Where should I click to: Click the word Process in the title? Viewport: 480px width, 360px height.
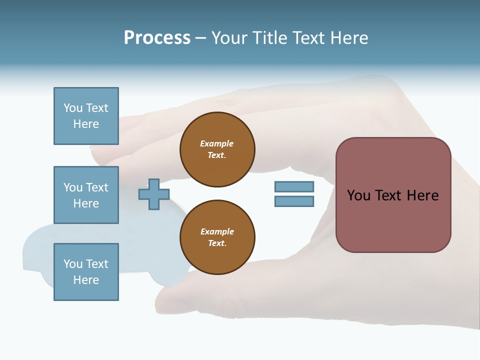pos(157,38)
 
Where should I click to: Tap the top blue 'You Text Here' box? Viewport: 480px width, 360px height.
pos(86,116)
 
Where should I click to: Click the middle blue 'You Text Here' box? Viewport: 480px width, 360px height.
pos(86,195)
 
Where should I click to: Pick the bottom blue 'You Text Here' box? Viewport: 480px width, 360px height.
pos(86,272)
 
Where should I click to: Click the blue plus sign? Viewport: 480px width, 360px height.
pos(154,194)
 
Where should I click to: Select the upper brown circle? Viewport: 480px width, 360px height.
pos(217,149)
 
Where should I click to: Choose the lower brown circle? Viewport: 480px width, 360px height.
pos(217,237)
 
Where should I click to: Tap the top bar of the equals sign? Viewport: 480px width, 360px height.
pos(294,186)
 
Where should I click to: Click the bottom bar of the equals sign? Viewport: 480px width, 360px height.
pos(294,201)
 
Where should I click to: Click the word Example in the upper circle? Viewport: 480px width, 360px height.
pos(217,143)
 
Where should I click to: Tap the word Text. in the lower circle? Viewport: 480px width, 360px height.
pos(217,243)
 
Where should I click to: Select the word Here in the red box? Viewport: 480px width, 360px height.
pos(422,195)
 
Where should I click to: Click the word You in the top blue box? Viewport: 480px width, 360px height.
pos(72,108)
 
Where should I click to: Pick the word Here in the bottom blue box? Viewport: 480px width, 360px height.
pos(86,280)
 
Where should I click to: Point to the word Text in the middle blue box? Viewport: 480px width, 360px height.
pos(96,187)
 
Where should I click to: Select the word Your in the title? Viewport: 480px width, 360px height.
pos(229,38)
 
